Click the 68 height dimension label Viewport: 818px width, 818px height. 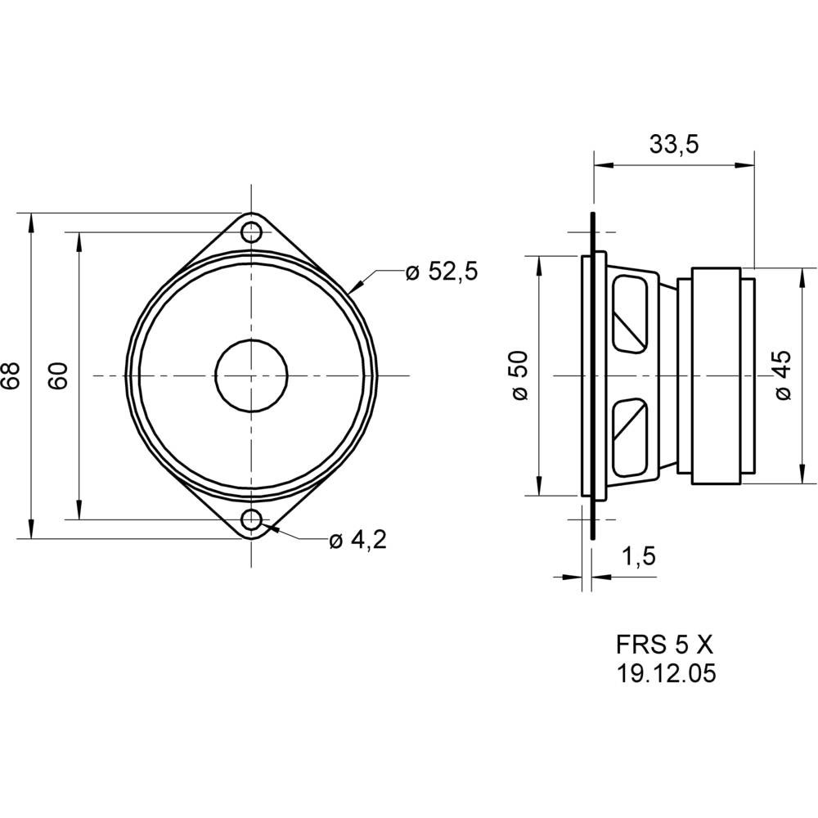(11, 376)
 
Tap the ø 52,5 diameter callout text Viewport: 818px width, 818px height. (441, 272)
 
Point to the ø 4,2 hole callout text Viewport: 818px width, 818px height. (357, 540)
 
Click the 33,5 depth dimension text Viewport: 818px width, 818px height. (673, 145)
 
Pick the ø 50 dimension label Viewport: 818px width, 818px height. (520, 376)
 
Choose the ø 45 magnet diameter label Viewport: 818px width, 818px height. (783, 376)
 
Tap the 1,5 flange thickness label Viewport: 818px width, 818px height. (639, 557)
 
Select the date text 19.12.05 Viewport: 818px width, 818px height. (665, 673)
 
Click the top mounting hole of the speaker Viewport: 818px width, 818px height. (252, 231)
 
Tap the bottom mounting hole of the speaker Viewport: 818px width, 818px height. (252, 519)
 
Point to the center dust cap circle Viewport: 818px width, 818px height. (252, 375)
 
